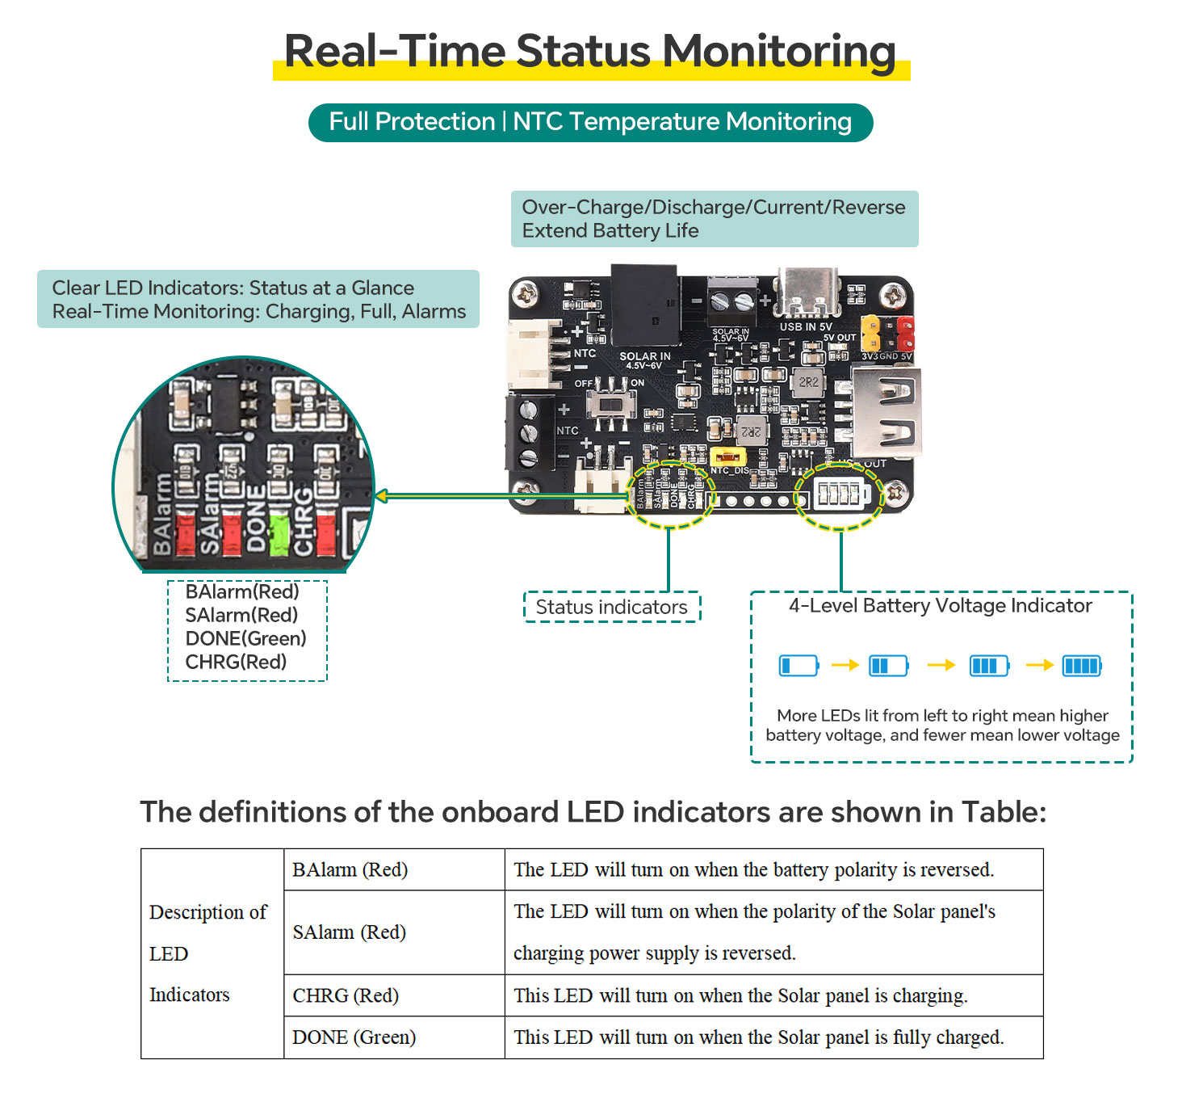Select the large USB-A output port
click(x=886, y=414)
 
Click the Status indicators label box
click(x=612, y=607)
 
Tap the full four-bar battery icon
click(x=1082, y=666)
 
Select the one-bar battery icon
click(x=798, y=666)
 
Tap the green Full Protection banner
click(x=590, y=122)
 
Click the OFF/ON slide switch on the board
click(x=610, y=402)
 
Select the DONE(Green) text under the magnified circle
click(x=245, y=638)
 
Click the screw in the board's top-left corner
click(x=526, y=292)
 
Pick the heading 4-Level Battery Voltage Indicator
click(x=940, y=606)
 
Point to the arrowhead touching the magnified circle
click(x=382, y=495)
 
